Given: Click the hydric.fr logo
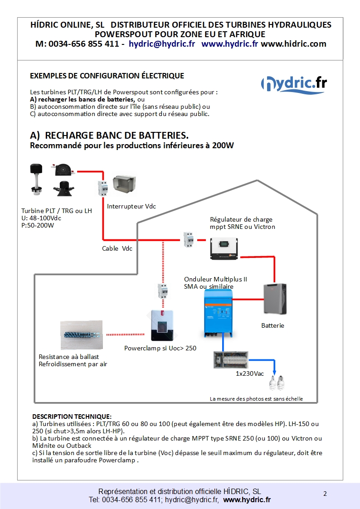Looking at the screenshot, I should pos(294,84).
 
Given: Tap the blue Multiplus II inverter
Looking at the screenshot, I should pos(218,313).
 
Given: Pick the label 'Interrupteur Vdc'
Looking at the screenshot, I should pos(131,207).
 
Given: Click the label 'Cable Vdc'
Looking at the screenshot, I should pos(117,248).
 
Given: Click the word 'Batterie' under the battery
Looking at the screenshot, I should pos(273,325).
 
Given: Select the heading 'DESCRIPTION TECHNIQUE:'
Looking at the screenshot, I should pos(72,416).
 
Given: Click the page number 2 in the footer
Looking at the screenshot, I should pos(325,494).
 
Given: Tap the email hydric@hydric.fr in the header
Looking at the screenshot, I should pos(162,44).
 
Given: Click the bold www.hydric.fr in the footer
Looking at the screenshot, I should pos(247,499).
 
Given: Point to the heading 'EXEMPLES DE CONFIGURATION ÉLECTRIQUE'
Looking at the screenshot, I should pos(107,76).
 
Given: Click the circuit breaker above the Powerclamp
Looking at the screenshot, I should pos(162,291).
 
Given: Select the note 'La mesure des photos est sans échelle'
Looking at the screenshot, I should pos(256,399).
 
